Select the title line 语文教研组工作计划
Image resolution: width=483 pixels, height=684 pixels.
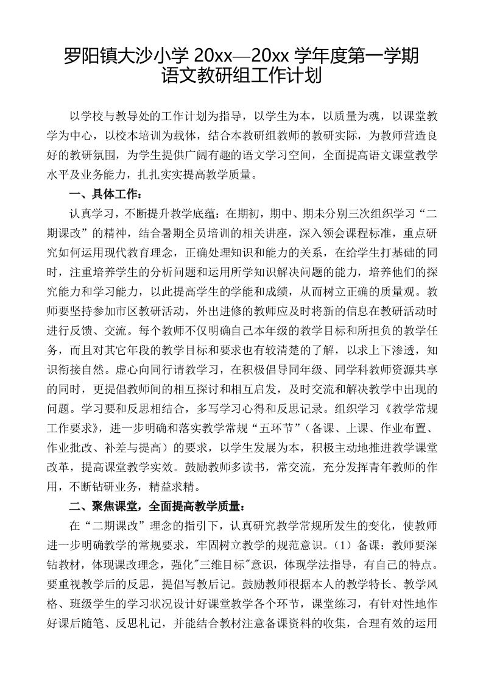[241, 77]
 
